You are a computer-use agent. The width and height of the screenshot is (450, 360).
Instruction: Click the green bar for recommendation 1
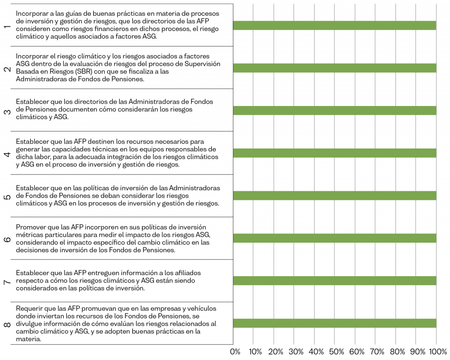point(334,25)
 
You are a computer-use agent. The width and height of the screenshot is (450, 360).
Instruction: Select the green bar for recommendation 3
point(334,110)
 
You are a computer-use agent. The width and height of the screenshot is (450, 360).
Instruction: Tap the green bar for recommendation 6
point(334,238)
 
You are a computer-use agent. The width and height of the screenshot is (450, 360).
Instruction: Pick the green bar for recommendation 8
point(334,323)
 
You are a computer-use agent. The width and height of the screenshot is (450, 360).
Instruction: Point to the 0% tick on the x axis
point(235,352)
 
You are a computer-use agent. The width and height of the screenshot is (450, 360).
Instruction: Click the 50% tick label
point(336,352)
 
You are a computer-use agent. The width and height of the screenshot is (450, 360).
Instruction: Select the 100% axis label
point(438,352)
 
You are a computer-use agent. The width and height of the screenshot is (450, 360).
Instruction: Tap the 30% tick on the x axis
point(296,352)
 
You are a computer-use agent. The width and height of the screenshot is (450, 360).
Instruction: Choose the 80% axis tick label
point(397,352)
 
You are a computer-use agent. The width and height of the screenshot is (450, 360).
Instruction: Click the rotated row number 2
point(7,69)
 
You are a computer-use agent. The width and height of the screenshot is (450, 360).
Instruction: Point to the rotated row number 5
point(7,197)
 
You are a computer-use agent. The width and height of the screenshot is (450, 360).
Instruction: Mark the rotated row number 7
point(7,282)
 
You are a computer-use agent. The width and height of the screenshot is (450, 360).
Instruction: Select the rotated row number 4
point(7,154)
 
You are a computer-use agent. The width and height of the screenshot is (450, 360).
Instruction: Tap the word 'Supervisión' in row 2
point(203,64)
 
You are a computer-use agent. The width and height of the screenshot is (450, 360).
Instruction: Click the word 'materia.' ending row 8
point(29,339)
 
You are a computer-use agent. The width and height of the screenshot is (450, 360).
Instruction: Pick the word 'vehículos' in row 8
point(202,309)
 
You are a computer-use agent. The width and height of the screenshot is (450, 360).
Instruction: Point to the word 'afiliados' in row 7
point(188,273)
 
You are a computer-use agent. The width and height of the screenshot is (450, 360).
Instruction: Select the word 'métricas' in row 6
point(29,235)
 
